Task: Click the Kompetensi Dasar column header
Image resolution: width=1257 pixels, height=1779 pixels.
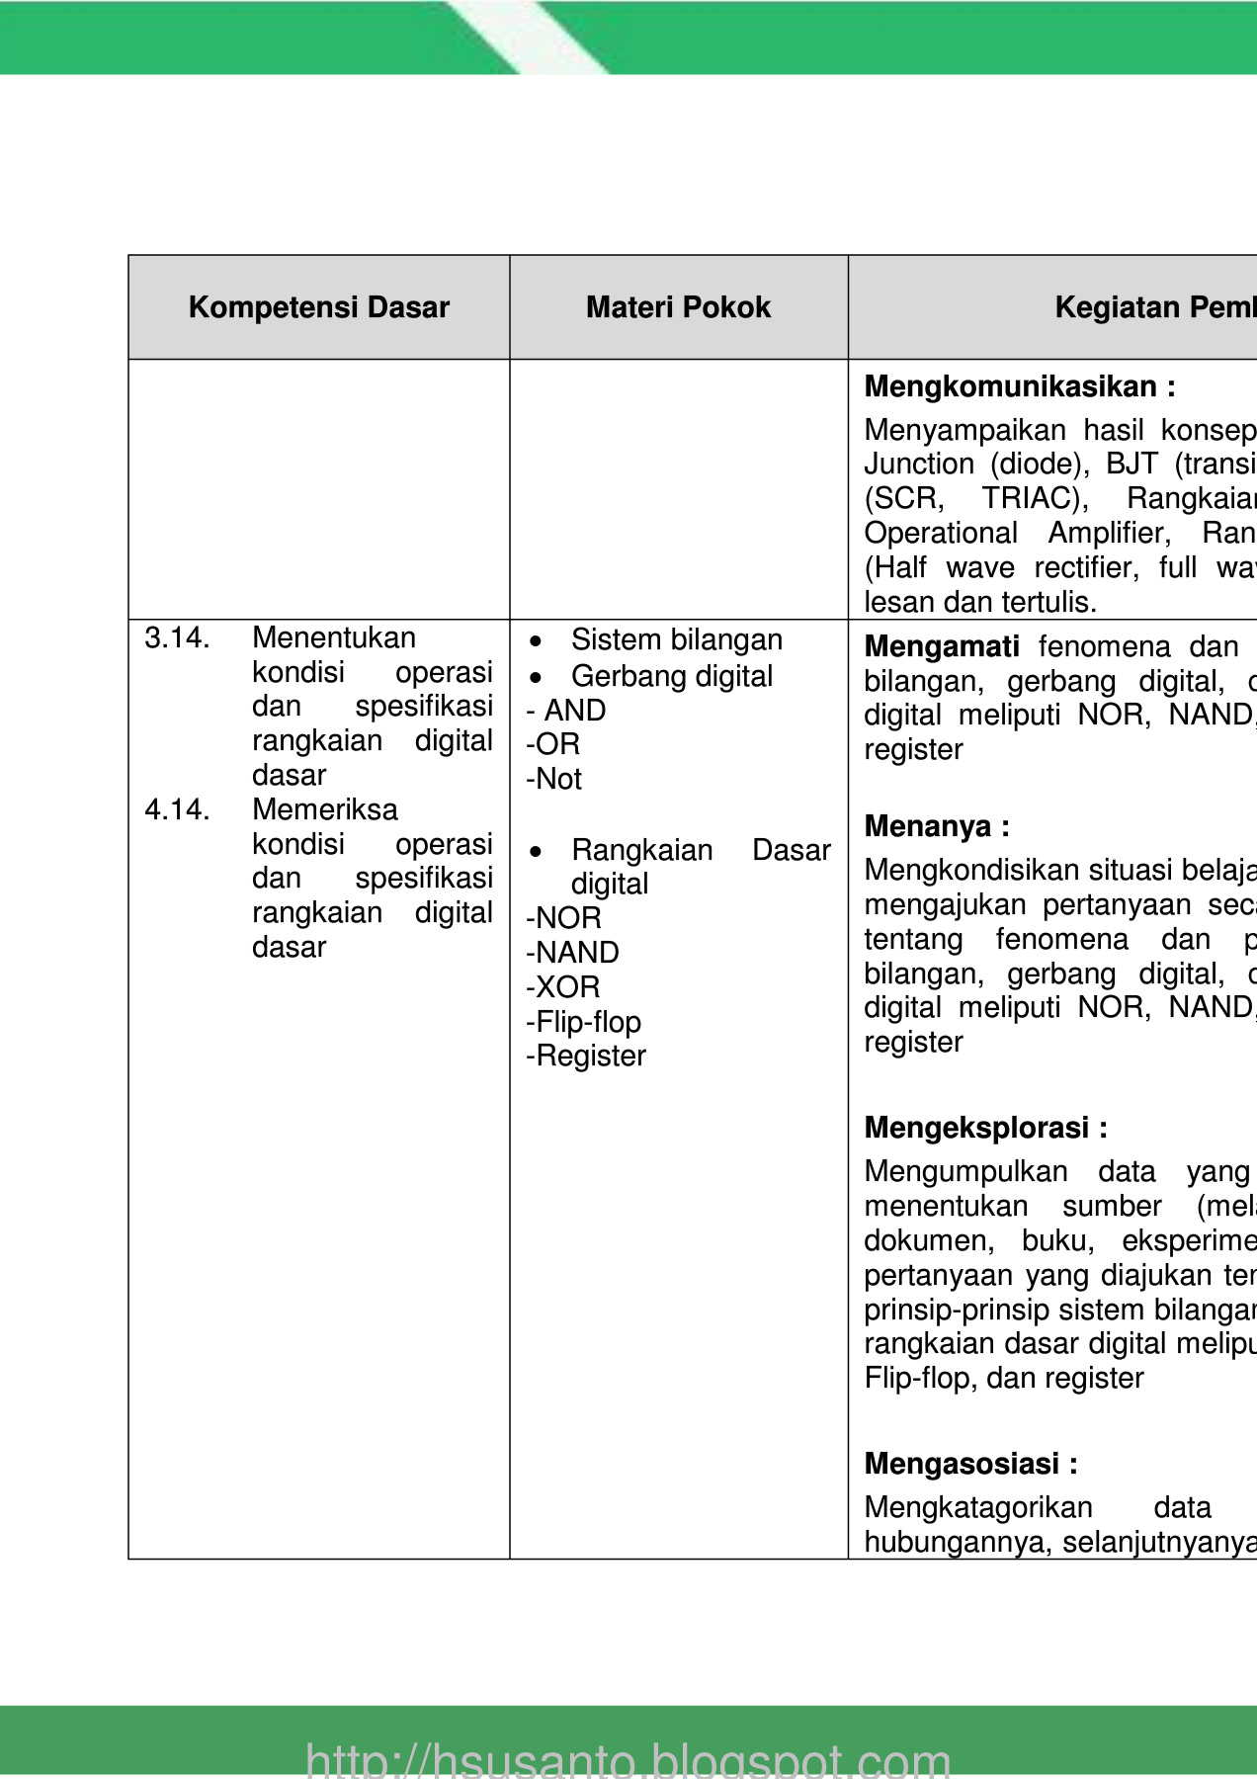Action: pyautogui.click(x=318, y=307)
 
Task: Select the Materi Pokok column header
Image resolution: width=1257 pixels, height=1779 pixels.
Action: pyautogui.click(x=678, y=307)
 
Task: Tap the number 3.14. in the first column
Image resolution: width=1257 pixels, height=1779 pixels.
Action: pyautogui.click(x=177, y=638)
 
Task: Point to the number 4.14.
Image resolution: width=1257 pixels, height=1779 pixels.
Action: pyautogui.click(x=177, y=810)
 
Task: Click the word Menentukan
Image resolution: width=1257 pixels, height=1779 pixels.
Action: pyautogui.click(x=334, y=638)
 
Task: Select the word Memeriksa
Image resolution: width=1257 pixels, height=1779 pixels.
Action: pyautogui.click(x=325, y=810)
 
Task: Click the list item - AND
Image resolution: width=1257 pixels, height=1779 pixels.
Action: pyautogui.click(x=566, y=711)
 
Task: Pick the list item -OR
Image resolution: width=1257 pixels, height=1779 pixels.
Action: pyautogui.click(x=553, y=744)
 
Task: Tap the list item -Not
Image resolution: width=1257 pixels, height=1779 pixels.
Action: pyautogui.click(x=554, y=780)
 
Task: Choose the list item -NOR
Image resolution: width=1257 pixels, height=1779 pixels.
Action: pyautogui.click(x=564, y=918)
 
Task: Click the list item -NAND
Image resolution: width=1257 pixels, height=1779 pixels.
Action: pyautogui.click(x=573, y=953)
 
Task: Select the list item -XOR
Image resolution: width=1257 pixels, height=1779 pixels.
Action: pyautogui.click(x=563, y=987)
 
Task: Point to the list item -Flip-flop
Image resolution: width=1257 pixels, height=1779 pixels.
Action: pyautogui.click(x=584, y=1022)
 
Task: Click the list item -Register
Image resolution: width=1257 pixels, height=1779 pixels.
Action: pyautogui.click(x=586, y=1057)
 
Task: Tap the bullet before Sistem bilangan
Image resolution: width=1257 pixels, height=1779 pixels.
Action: pyautogui.click(x=536, y=641)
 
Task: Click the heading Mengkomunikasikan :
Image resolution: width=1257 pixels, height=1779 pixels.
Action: pyautogui.click(x=1020, y=386)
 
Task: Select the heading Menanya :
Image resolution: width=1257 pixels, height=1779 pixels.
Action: pyautogui.click(x=937, y=826)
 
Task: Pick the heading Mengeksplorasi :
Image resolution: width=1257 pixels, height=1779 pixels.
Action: pyautogui.click(x=985, y=1128)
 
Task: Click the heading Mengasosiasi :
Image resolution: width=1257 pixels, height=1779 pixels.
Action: pyautogui.click(x=970, y=1464)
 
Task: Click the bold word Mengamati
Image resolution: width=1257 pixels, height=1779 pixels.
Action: pyautogui.click(x=942, y=646)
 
